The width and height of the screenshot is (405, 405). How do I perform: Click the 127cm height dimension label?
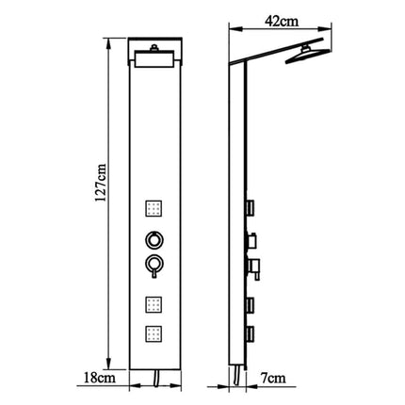(102, 183)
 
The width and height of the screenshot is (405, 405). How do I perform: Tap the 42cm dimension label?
(282, 22)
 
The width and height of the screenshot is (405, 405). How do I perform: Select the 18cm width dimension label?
(100, 378)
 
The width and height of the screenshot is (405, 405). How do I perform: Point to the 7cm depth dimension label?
(273, 378)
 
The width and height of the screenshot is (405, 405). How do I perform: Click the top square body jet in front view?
(154, 207)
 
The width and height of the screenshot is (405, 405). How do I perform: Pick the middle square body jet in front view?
(154, 304)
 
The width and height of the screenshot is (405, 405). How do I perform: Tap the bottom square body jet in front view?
(154, 333)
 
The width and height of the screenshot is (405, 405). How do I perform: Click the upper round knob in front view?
(154, 240)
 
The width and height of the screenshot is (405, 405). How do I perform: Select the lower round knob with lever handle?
(154, 266)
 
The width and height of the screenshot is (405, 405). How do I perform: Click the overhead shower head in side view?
(308, 56)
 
